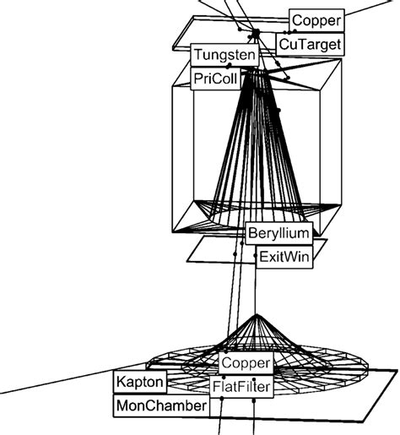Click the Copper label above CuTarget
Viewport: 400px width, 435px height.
(316, 19)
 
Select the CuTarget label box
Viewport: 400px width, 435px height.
(311, 42)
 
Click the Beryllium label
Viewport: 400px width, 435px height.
(279, 232)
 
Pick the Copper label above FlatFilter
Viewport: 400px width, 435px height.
(246, 364)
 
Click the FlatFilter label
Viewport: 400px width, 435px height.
(243, 387)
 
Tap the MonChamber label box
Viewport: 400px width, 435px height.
(160, 406)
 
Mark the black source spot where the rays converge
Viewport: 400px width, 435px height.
(254, 34)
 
